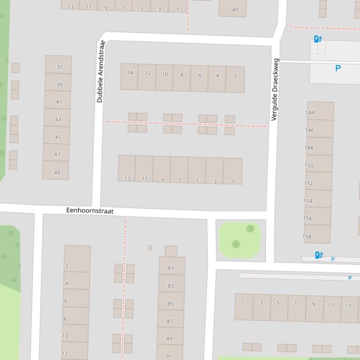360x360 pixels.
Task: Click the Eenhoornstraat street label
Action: (x=90, y=211)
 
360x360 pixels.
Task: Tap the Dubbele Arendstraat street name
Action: (x=100, y=72)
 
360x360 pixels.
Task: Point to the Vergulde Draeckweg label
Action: (x=275, y=89)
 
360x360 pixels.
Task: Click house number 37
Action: (x=59, y=67)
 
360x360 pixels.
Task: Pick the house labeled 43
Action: (x=58, y=119)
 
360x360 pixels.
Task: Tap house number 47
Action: (x=57, y=154)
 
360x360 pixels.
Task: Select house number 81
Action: (x=171, y=268)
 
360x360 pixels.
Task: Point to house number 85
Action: (x=170, y=303)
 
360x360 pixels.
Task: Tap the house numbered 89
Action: (x=169, y=338)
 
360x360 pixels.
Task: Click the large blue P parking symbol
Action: (x=338, y=68)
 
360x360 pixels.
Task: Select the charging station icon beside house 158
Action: (x=319, y=255)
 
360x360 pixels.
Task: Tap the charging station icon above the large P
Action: (x=318, y=39)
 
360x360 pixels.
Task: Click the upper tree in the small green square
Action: (x=250, y=229)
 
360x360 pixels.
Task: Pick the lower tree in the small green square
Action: (x=236, y=244)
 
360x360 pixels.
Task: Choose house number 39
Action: (x=59, y=85)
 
